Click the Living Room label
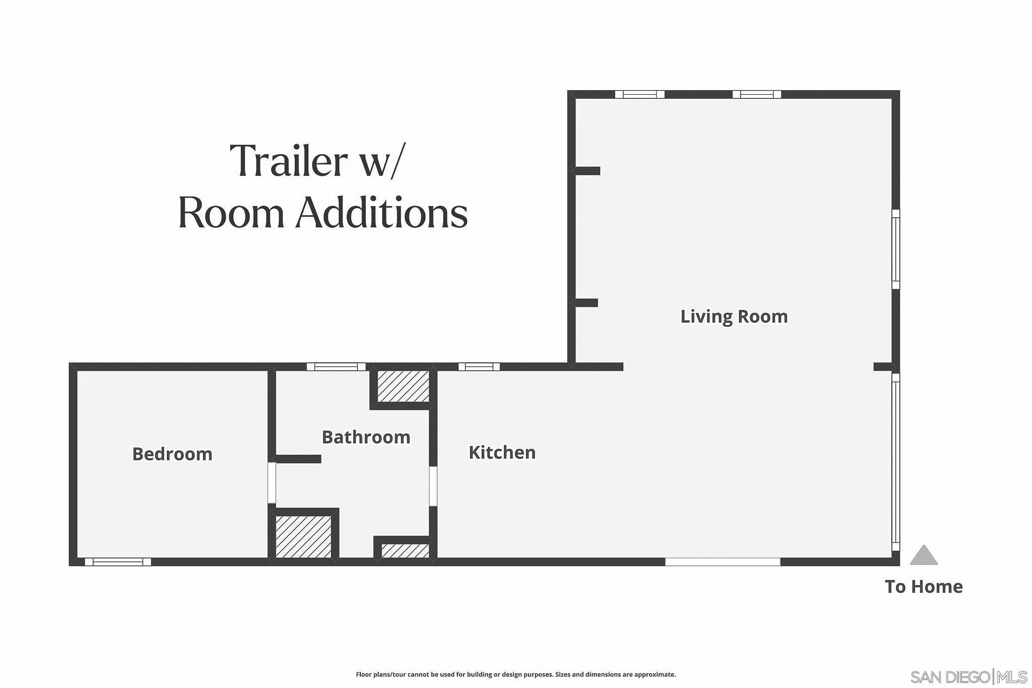point(734,317)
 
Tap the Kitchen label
point(502,453)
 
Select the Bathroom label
point(366,437)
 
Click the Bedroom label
point(172,454)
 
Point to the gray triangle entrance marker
point(923,556)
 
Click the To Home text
point(923,587)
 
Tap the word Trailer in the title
point(288,161)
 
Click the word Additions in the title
point(381,214)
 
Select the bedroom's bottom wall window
point(118,562)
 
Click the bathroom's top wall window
point(336,366)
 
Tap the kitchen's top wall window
point(479,366)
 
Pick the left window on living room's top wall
point(639,94)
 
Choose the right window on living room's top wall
point(756,94)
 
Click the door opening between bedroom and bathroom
point(272,483)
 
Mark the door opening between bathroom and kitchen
point(432,486)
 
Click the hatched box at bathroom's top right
point(403,387)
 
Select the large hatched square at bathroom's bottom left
point(303,536)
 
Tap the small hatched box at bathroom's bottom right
point(405,551)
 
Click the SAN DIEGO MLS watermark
point(968,676)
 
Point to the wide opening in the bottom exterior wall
point(722,561)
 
